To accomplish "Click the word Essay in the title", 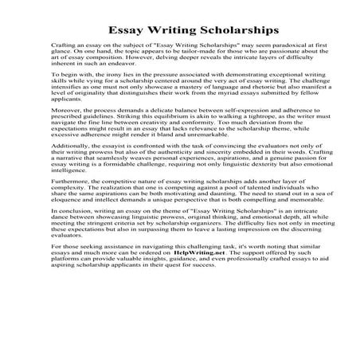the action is (116, 30).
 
